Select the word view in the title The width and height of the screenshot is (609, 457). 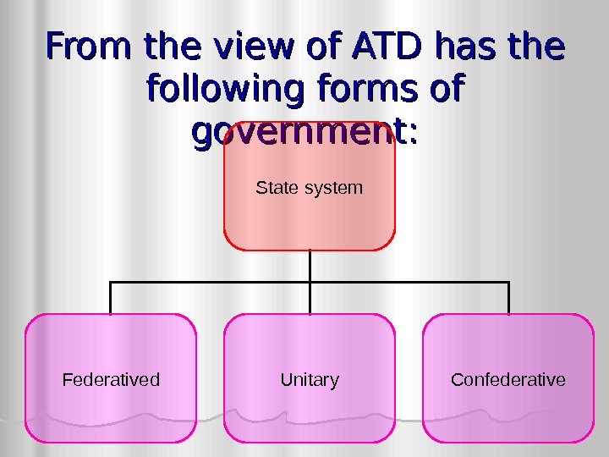246,47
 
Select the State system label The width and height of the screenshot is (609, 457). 309,187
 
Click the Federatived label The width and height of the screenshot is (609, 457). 111,380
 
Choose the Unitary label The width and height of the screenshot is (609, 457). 310,380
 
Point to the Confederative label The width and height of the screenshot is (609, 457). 508,380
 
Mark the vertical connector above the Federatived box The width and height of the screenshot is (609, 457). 111,298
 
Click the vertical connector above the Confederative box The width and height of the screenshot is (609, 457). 508,298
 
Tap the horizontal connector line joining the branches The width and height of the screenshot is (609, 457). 211,283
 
